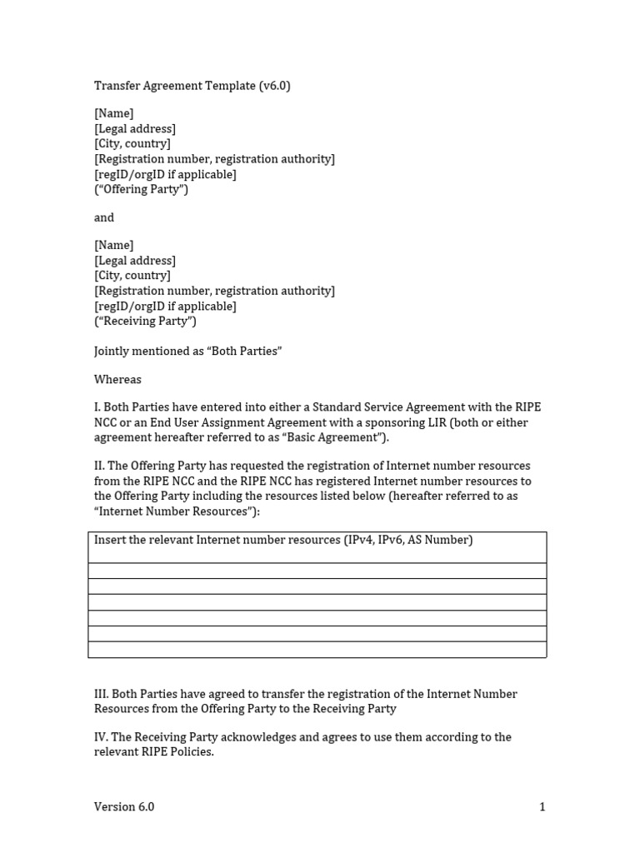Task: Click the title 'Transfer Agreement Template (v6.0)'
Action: point(192,86)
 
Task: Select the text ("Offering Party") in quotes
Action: point(141,189)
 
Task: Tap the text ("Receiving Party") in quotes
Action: point(145,321)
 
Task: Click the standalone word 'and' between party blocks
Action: point(104,217)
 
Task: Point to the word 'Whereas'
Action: point(117,379)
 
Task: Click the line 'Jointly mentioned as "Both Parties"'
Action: point(187,351)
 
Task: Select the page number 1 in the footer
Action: point(542,806)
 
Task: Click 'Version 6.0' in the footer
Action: point(124,806)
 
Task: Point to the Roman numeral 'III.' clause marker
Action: point(101,694)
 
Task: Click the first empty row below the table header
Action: point(317,571)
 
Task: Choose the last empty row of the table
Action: point(317,650)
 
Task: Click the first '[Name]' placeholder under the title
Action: point(113,113)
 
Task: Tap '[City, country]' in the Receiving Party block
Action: point(132,276)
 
